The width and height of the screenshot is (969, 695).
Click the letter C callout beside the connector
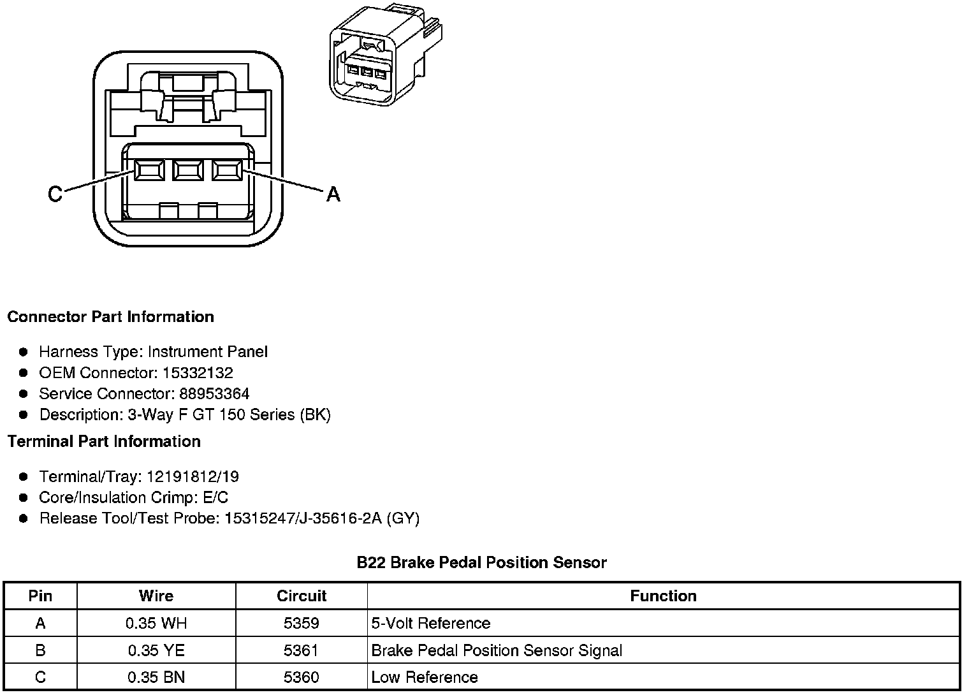pos(55,193)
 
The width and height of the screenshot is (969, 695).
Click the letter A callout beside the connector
pos(333,194)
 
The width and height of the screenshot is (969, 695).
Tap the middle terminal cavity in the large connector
pos(188,170)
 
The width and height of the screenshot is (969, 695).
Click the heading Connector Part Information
pos(111,317)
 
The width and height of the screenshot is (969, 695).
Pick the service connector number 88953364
pos(214,393)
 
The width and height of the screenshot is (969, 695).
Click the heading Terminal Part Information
pos(104,441)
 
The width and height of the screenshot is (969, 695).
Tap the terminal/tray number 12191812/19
pos(193,476)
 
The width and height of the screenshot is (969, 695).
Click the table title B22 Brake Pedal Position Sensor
pos(481,562)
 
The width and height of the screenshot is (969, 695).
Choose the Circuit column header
pos(302,596)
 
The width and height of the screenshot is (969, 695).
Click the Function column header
pos(663,596)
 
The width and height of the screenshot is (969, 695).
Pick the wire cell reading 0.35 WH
pos(156,623)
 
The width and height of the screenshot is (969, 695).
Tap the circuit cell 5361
pos(302,650)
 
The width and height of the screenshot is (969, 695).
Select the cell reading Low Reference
pos(425,677)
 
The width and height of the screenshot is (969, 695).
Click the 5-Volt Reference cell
pos(431,623)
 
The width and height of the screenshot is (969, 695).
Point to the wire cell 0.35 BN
pos(156,677)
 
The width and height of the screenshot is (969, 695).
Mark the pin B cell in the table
pos(40,650)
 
